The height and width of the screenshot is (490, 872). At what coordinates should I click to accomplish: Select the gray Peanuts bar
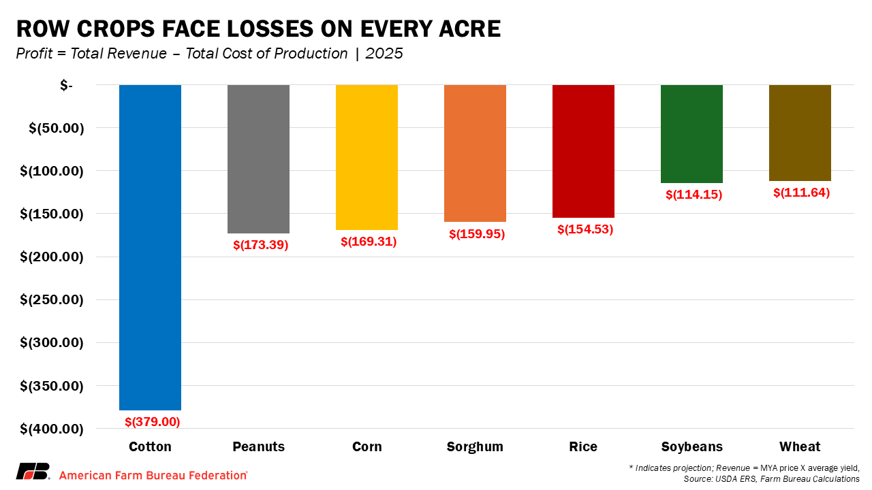(258, 159)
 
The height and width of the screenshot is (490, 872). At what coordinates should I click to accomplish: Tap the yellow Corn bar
(367, 157)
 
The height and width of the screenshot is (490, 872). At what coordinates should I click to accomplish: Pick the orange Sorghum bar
(475, 153)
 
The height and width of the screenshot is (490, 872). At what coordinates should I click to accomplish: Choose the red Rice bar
(583, 151)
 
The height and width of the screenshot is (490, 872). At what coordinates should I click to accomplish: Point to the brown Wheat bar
(800, 133)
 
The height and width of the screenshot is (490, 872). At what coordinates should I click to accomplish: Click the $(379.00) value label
(153, 422)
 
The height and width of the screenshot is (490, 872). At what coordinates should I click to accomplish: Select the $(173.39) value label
(261, 245)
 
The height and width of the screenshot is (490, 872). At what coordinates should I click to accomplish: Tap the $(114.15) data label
(694, 195)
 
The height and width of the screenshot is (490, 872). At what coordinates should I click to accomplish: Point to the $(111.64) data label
(802, 193)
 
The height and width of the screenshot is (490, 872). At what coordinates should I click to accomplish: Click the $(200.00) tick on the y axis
(51, 257)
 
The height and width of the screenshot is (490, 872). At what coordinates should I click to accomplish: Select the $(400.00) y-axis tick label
(51, 429)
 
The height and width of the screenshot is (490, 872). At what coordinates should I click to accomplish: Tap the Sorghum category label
(475, 447)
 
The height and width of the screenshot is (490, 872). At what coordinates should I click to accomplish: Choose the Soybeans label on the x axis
(691, 447)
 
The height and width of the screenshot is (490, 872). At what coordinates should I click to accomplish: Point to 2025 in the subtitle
(384, 54)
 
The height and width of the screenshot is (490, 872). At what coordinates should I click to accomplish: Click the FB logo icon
(33, 472)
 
